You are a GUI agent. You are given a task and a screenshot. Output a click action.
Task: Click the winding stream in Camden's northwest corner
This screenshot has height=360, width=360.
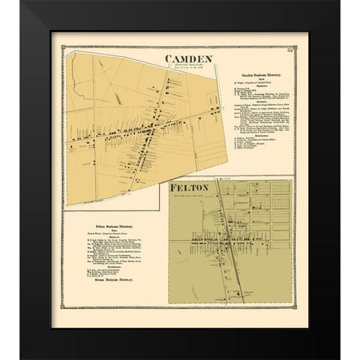click(82, 75)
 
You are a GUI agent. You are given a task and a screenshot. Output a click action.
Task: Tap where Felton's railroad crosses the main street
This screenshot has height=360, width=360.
click(224, 244)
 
